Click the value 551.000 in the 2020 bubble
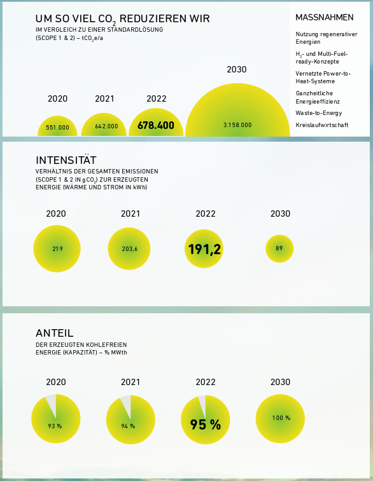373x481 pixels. point(57,127)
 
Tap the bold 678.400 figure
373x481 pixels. point(156,125)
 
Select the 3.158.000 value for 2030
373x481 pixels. point(237,125)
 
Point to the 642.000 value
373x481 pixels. point(106,126)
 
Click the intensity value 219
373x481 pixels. point(57,249)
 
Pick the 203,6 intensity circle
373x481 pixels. point(129,249)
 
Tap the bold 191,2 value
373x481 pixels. point(204,249)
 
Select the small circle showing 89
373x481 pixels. point(279,248)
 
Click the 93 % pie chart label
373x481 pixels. point(55,426)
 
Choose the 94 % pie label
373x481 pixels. point(128,426)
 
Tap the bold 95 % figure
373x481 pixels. point(205,424)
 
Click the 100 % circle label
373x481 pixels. point(281,418)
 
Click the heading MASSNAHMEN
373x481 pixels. point(325,18)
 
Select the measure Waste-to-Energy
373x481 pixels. point(319,113)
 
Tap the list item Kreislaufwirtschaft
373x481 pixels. point(322,125)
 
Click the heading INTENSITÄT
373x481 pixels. point(66,160)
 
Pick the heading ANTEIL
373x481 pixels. point(55,333)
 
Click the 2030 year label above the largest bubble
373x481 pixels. point(237,69)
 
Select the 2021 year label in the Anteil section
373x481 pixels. point(130,382)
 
